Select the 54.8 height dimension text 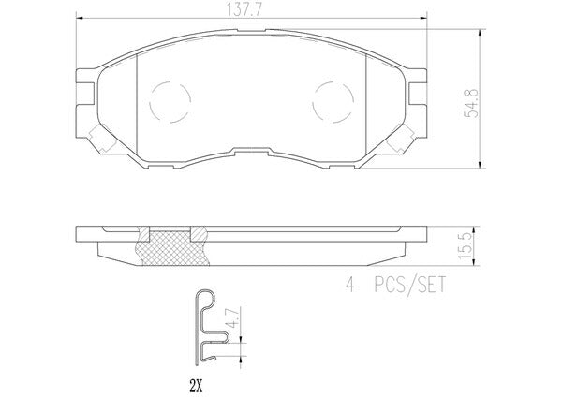tap(471, 103)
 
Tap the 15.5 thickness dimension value tap(465, 246)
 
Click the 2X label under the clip tap(196, 386)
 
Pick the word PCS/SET tap(409, 286)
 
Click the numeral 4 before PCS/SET tap(349, 286)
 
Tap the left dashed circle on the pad tap(170, 102)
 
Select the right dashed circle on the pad tap(333, 102)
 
